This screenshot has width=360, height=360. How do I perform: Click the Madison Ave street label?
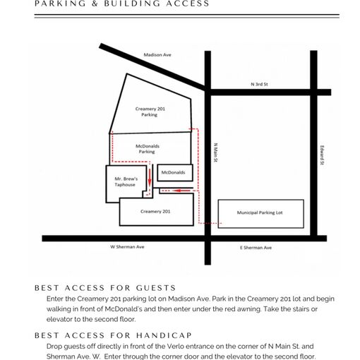click(157, 55)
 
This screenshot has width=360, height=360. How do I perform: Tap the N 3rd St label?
click(259, 84)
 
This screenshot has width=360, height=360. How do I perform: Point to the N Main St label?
click(215, 152)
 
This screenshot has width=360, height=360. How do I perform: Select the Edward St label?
click(322, 155)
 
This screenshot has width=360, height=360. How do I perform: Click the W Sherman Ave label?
click(127, 247)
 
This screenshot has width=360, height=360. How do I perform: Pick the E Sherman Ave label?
click(256, 248)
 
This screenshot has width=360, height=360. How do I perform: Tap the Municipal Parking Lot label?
click(260, 212)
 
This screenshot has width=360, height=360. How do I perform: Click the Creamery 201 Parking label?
click(150, 112)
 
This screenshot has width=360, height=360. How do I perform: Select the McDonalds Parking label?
click(148, 149)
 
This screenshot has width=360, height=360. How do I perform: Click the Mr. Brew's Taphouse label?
click(126, 181)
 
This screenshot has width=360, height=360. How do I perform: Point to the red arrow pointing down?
click(150, 177)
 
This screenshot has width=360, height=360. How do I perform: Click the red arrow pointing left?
click(182, 191)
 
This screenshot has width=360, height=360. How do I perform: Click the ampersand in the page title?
click(95, 4)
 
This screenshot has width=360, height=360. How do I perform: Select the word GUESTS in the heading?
click(156, 288)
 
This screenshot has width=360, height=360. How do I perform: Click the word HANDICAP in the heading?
click(164, 335)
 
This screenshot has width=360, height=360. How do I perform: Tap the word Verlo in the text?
click(174, 346)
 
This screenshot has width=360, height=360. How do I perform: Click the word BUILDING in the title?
click(133, 4)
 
